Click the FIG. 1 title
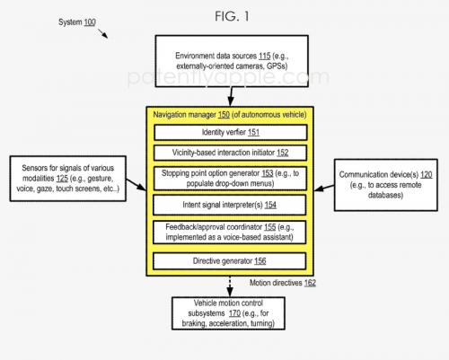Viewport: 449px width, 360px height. [232, 16]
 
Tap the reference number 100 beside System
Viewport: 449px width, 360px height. [90, 22]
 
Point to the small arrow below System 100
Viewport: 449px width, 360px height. [102, 33]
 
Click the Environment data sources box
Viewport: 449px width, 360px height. [232, 61]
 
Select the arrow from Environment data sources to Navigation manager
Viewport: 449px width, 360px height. [231, 97]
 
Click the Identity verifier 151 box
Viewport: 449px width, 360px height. [231, 132]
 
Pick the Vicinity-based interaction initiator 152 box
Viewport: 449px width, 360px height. [230, 153]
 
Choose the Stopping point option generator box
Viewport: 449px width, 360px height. [230, 179]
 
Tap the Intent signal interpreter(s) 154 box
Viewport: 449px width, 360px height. [230, 205]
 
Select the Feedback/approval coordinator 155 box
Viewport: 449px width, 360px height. [230, 233]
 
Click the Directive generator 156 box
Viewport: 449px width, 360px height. [230, 261]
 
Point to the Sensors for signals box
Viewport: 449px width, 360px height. [68, 179]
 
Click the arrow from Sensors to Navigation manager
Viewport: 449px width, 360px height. [136, 185]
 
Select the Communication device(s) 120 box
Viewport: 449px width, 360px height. [386, 185]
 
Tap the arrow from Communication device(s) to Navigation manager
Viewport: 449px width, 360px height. [324, 188]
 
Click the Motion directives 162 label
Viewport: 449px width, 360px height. [283, 283]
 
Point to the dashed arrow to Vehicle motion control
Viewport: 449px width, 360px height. [230, 286]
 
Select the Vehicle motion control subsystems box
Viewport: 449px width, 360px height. [228, 313]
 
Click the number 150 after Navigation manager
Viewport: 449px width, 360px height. [224, 115]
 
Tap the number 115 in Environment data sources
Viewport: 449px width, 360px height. [265, 56]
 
